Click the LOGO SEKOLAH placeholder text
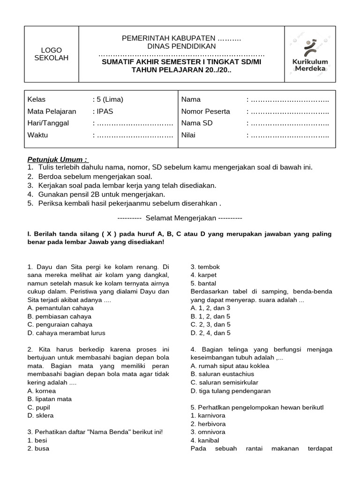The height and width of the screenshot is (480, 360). click(x=52, y=54)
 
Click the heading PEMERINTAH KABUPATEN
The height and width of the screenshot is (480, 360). click(x=181, y=38)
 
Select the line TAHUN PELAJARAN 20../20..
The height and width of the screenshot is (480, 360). click(x=181, y=70)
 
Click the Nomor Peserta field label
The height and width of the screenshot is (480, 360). click(x=205, y=112)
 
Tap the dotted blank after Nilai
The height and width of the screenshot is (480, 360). click(x=290, y=135)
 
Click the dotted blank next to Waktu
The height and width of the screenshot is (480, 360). click(x=134, y=135)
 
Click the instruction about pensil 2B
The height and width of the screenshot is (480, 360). click(x=96, y=194)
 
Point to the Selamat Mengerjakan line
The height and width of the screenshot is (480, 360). click(x=180, y=218)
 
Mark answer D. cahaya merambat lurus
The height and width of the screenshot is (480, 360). click(x=66, y=333)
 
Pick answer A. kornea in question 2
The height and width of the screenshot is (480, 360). click(x=42, y=391)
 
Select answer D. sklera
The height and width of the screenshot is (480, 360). click(x=41, y=415)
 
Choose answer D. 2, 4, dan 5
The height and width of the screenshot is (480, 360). click(x=210, y=333)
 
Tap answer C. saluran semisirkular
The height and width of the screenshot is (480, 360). click(x=225, y=382)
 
